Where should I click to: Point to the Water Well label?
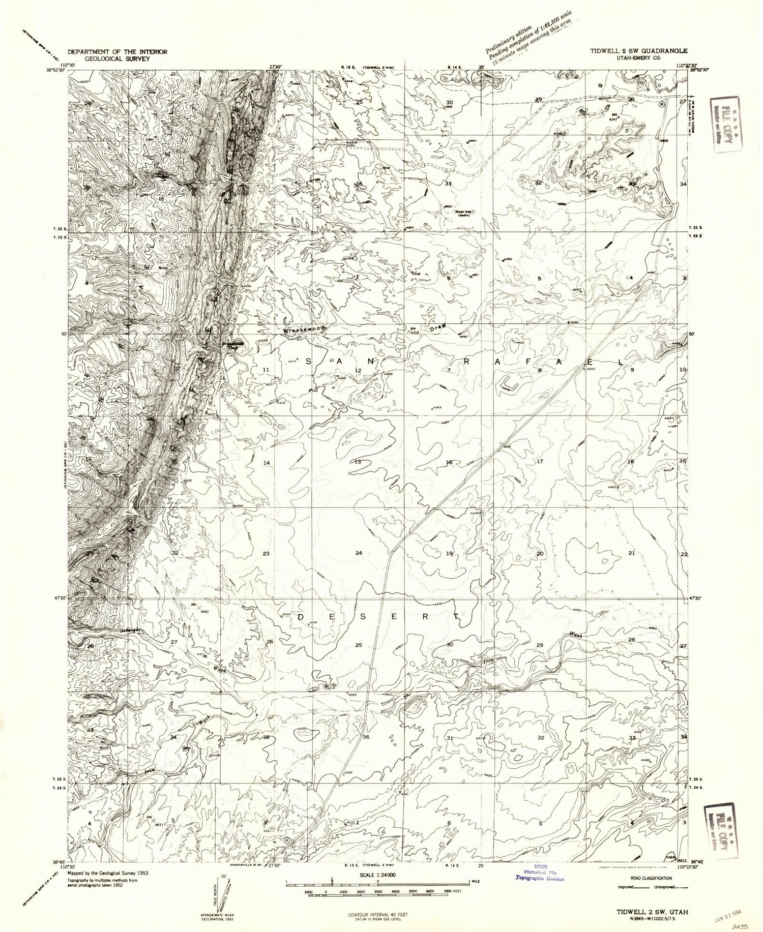464,212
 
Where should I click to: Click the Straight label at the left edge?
130,630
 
